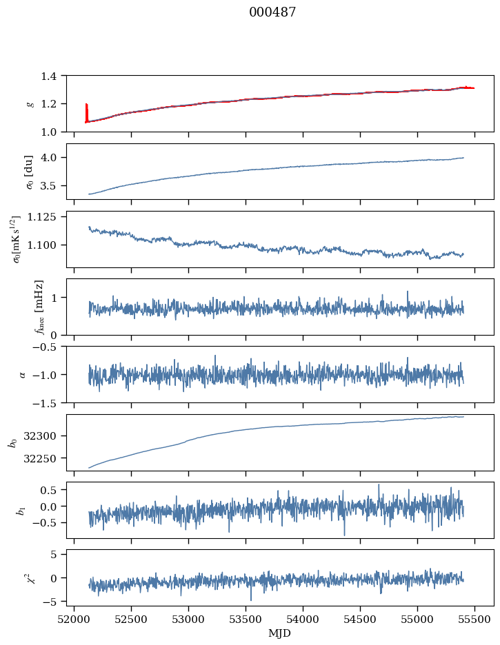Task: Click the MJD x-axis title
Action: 280,633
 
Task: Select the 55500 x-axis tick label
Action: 474,618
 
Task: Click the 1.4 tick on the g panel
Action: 52,76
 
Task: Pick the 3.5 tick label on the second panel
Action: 52,185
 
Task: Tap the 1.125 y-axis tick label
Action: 46,216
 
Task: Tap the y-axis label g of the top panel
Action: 30,103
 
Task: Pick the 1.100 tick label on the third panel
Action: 46,245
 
